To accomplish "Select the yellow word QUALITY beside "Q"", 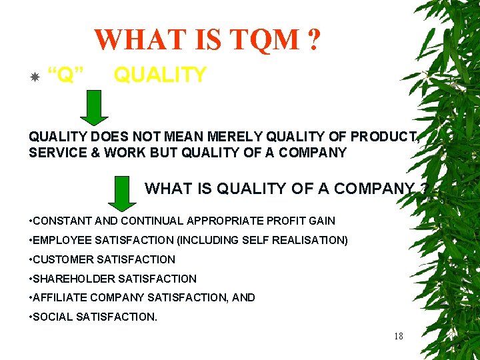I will pyautogui.click(x=160, y=75).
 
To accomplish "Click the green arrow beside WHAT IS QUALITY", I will pyautogui.click(x=121, y=193).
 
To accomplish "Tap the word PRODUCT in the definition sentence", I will pyautogui.click(x=383, y=136).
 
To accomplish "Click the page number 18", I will pyautogui.click(x=398, y=336).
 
